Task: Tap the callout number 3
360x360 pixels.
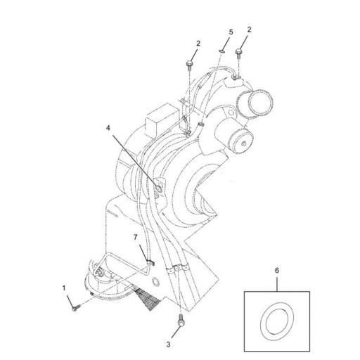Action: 168,345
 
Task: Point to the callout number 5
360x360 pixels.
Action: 230,32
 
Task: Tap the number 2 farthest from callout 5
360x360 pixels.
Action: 198,44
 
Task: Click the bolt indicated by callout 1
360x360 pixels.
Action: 75,305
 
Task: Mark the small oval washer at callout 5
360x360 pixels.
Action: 223,50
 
